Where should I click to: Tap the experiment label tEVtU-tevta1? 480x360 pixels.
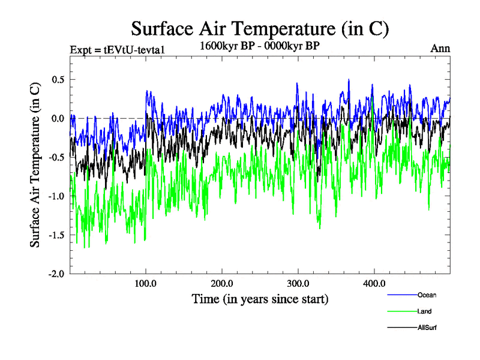[x=117, y=49]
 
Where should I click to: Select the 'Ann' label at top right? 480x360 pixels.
[x=440, y=49]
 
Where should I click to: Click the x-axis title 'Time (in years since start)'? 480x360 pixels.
[x=260, y=298]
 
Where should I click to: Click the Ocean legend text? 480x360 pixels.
[x=427, y=295]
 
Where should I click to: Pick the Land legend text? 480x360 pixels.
[x=425, y=311]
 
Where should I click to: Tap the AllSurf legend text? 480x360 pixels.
[x=428, y=328]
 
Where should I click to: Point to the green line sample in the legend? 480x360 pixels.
[x=401, y=311]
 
